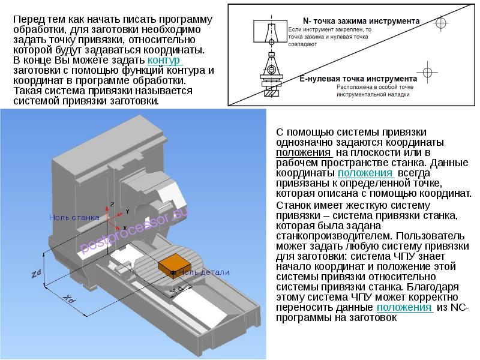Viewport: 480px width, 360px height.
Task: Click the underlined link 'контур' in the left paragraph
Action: (164, 61)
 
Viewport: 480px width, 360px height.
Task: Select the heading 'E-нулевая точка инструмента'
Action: (358, 79)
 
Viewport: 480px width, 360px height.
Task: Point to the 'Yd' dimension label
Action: (176, 290)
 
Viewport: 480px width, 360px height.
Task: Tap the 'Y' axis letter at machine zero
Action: (127, 212)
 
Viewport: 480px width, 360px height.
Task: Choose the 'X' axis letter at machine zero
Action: (123, 228)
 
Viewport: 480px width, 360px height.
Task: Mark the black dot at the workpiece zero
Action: (173, 274)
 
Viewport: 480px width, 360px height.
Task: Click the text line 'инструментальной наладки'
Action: (373, 94)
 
